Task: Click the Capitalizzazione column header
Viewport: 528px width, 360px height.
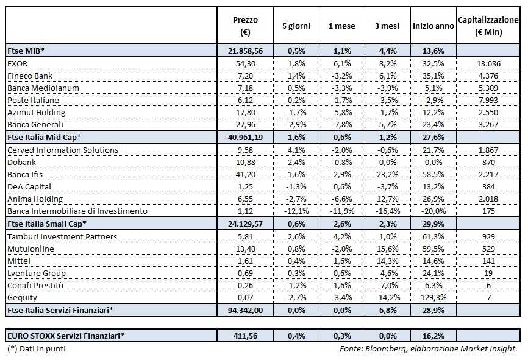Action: coord(488,26)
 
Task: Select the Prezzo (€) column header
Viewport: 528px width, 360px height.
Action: coord(245,26)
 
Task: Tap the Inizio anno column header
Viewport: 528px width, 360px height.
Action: coord(433,26)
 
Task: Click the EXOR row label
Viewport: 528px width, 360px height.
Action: coord(18,64)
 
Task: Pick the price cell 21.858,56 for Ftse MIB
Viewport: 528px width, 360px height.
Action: coord(245,51)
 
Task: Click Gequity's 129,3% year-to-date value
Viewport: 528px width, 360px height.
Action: coord(433,297)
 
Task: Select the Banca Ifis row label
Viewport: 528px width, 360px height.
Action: coord(24,174)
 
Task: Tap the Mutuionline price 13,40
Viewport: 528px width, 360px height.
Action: coord(245,249)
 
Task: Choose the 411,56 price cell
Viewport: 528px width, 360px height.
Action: coord(245,335)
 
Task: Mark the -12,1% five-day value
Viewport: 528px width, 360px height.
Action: coord(296,211)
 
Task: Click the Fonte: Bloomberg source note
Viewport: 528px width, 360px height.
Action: coord(428,349)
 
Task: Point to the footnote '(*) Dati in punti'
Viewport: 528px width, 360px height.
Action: coord(37,349)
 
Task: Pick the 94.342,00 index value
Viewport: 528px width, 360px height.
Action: coord(245,310)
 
